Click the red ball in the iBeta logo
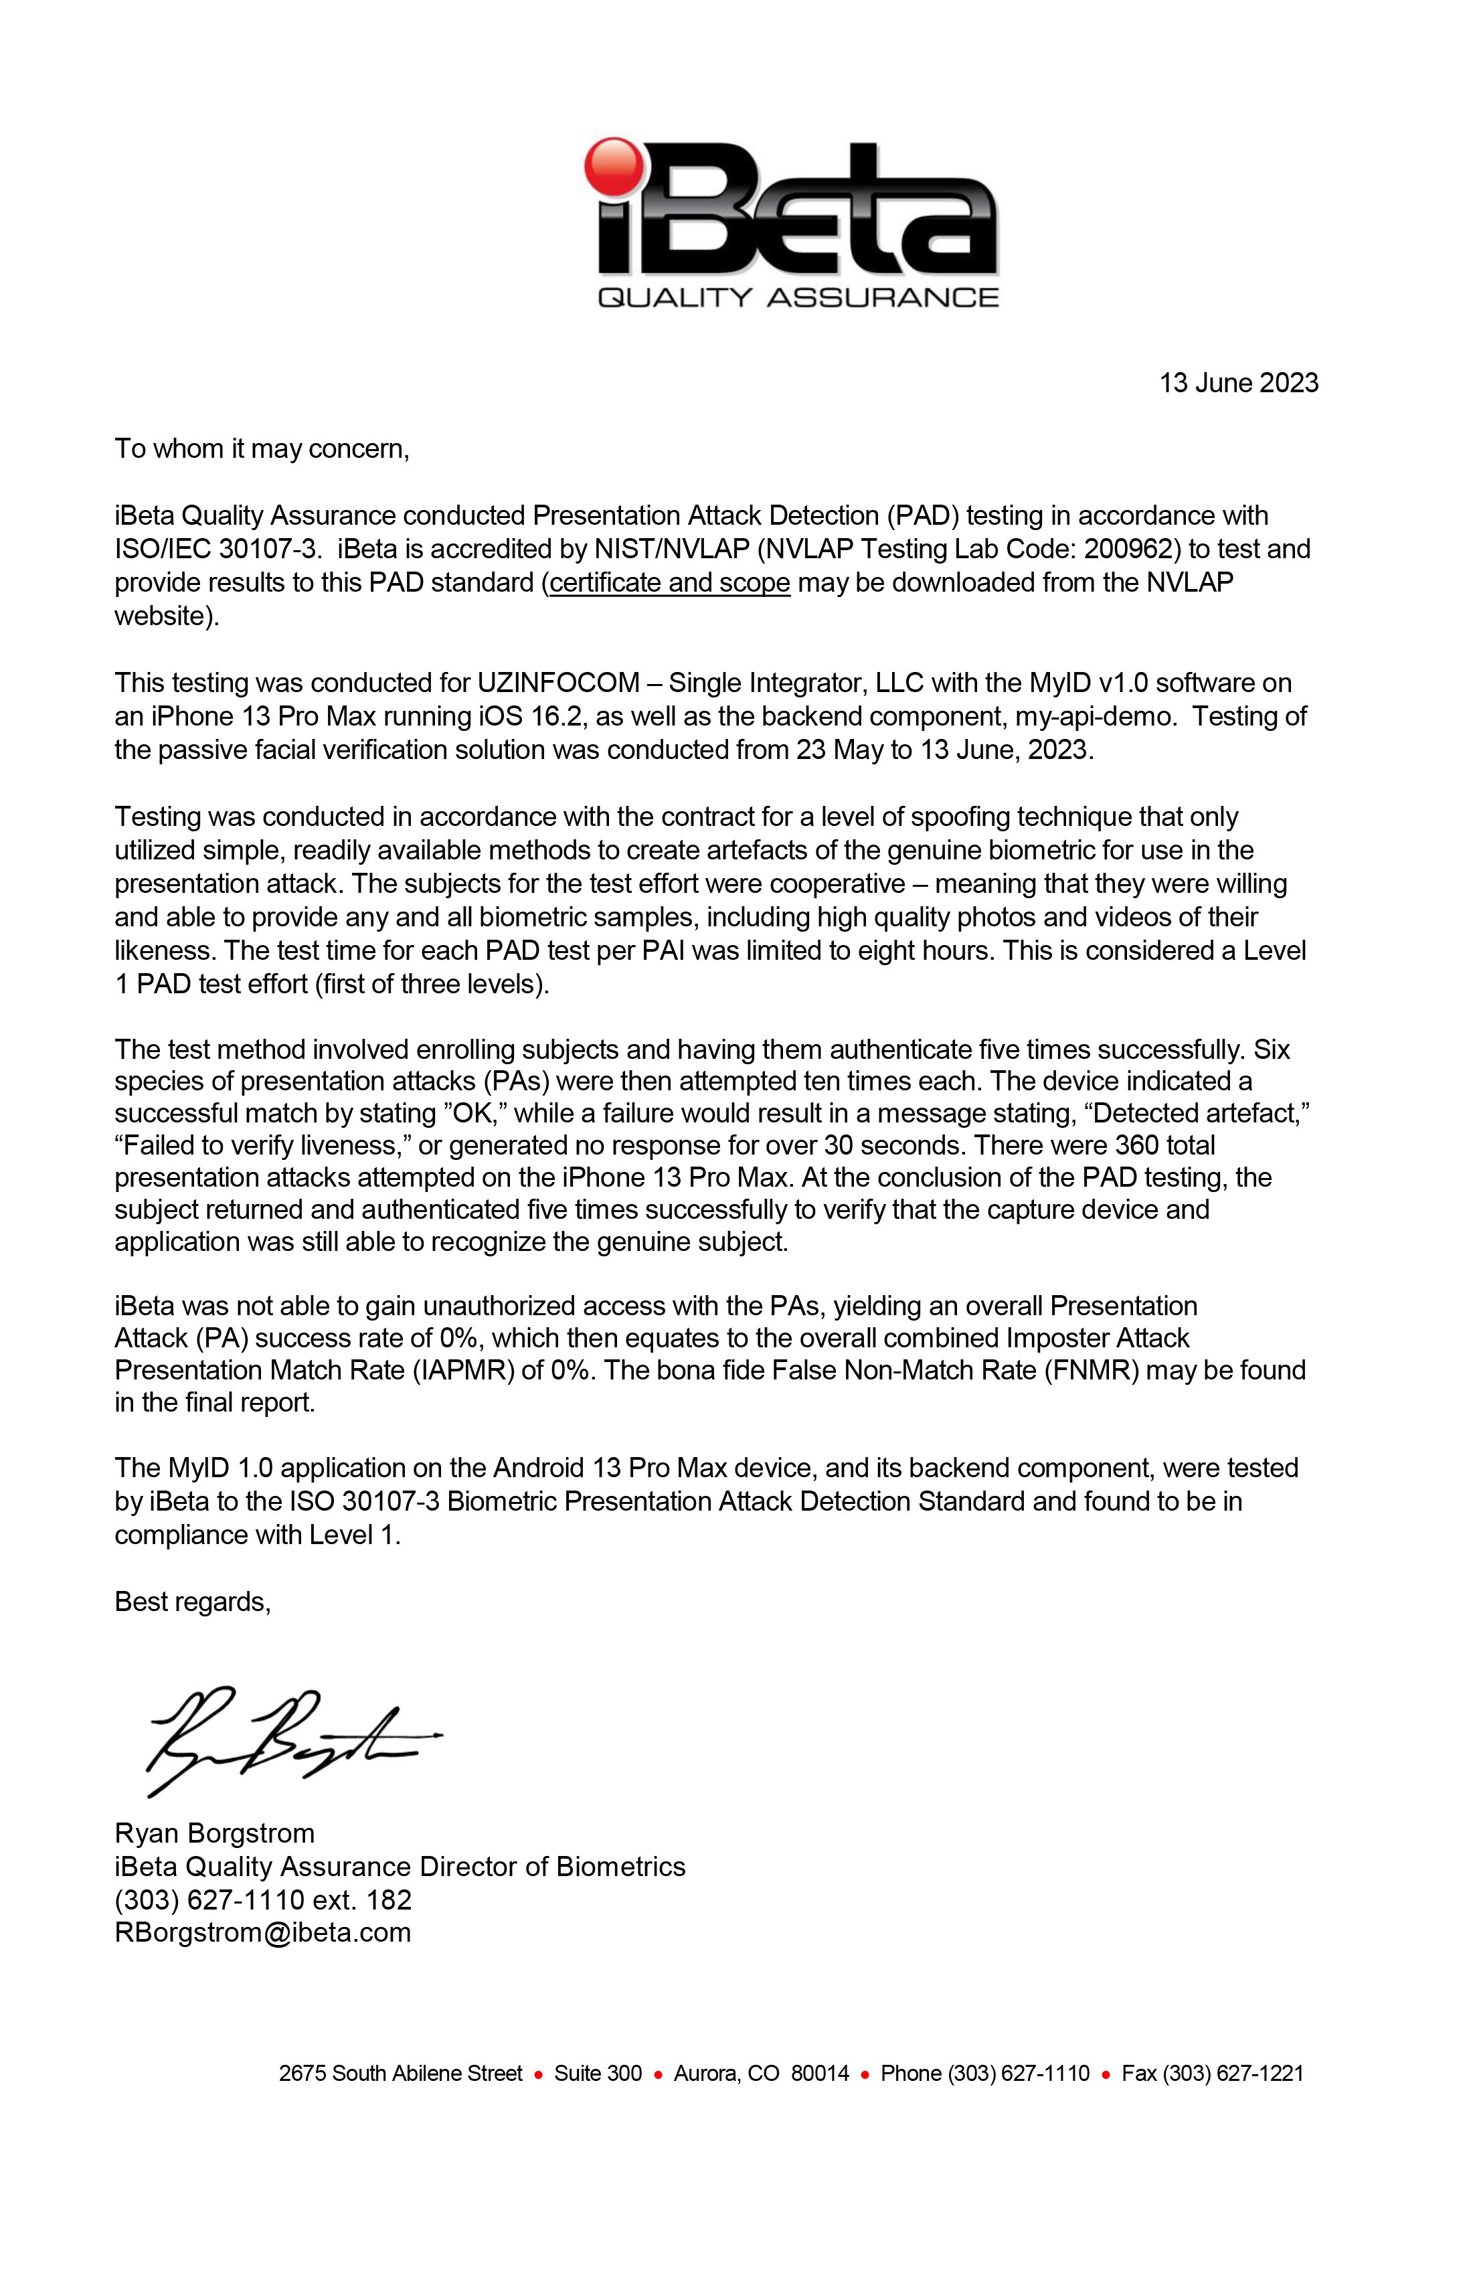(615, 166)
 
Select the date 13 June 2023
(1238, 383)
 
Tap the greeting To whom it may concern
(262, 449)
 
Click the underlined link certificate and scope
(670, 582)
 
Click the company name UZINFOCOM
(558, 683)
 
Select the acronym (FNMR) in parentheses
(1091, 1371)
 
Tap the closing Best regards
(192, 1602)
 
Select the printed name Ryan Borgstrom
(214, 1833)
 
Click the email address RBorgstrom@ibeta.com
(262, 1932)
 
